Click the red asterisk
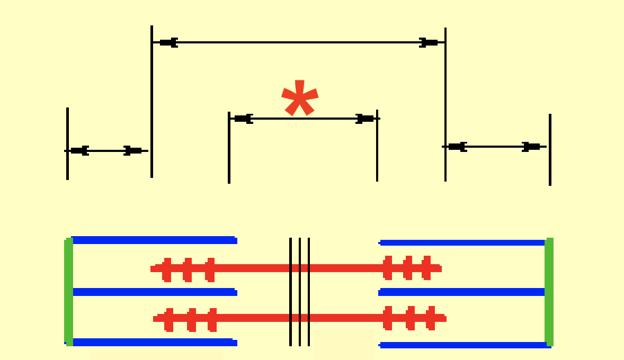[299, 98]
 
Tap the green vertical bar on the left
[68, 291]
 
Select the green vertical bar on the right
[549, 291]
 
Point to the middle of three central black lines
[300, 291]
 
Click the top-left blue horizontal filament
[154, 240]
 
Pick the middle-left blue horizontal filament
[154, 292]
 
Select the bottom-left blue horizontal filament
[154, 342]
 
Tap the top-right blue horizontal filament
[462, 242]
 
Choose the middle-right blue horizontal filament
[462, 292]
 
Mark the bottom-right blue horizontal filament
[462, 345]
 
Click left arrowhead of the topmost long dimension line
[168, 42]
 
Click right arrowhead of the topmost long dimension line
[429, 42]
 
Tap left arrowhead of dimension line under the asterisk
[243, 119]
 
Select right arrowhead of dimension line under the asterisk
[365, 119]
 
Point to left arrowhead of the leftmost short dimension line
[79, 151]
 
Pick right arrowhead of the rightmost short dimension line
[531, 147]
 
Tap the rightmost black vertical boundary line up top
[550, 149]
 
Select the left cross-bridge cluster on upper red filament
[188, 269]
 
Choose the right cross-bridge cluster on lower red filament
[410, 318]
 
